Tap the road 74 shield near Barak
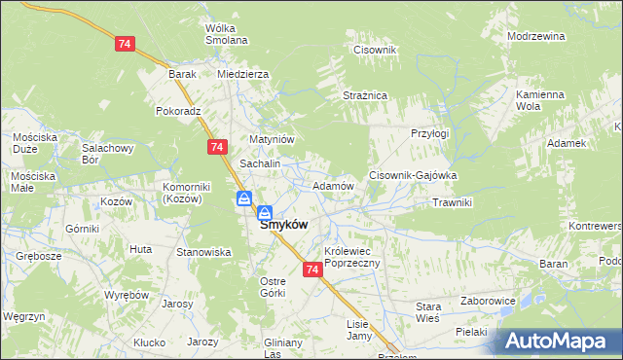(125, 45)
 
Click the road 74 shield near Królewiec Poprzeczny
(312, 270)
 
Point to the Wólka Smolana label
(227, 34)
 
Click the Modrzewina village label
(536, 36)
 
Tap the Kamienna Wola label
(540, 100)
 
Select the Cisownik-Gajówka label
(413, 175)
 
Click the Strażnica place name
(365, 95)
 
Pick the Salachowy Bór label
(106, 154)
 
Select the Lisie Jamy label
(359, 330)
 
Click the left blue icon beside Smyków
(243, 199)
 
